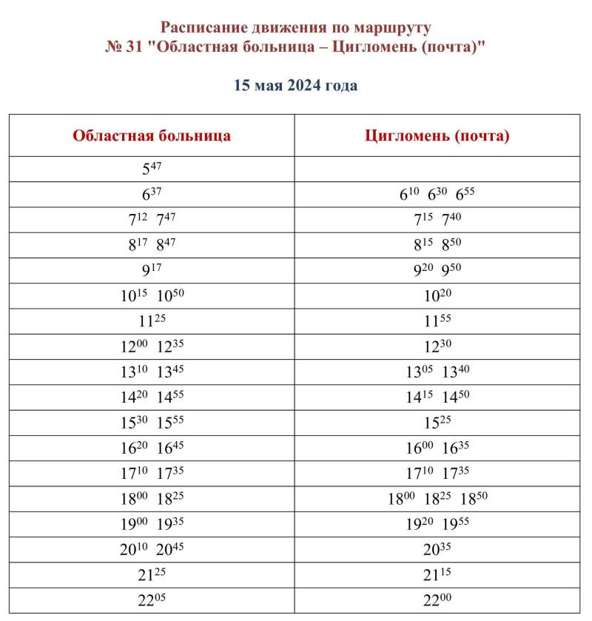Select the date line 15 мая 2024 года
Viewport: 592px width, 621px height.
(x=295, y=85)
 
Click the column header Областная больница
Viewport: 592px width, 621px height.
(x=152, y=135)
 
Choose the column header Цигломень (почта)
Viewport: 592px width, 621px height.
(x=437, y=135)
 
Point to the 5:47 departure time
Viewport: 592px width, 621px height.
(x=152, y=168)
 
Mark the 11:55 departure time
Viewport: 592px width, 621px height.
(x=437, y=322)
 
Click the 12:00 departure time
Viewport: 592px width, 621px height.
(x=134, y=347)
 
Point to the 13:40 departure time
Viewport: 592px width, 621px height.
(x=456, y=372)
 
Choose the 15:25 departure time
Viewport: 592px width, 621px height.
(x=437, y=423)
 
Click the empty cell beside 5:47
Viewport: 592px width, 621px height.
(x=437, y=168)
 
